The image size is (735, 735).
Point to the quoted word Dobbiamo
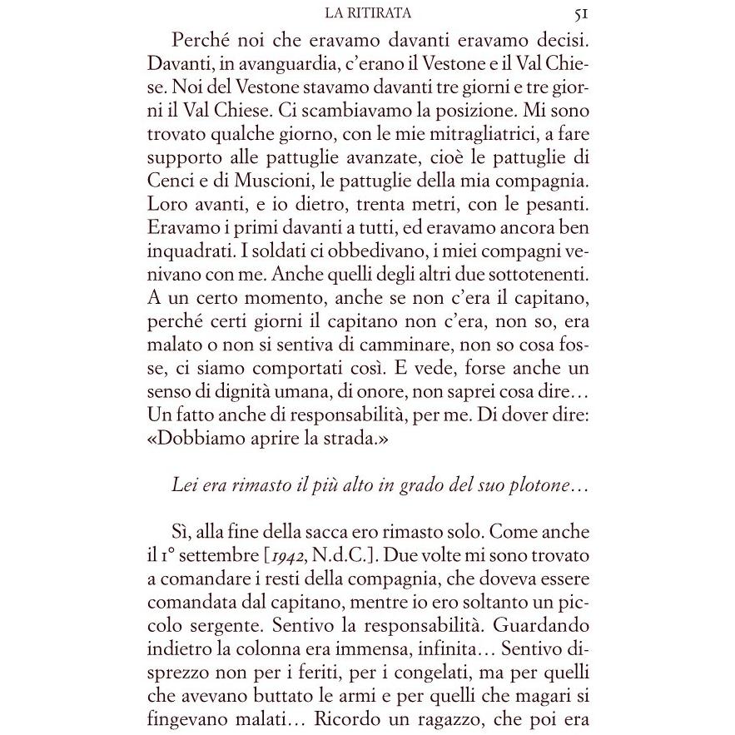tap(206, 435)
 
